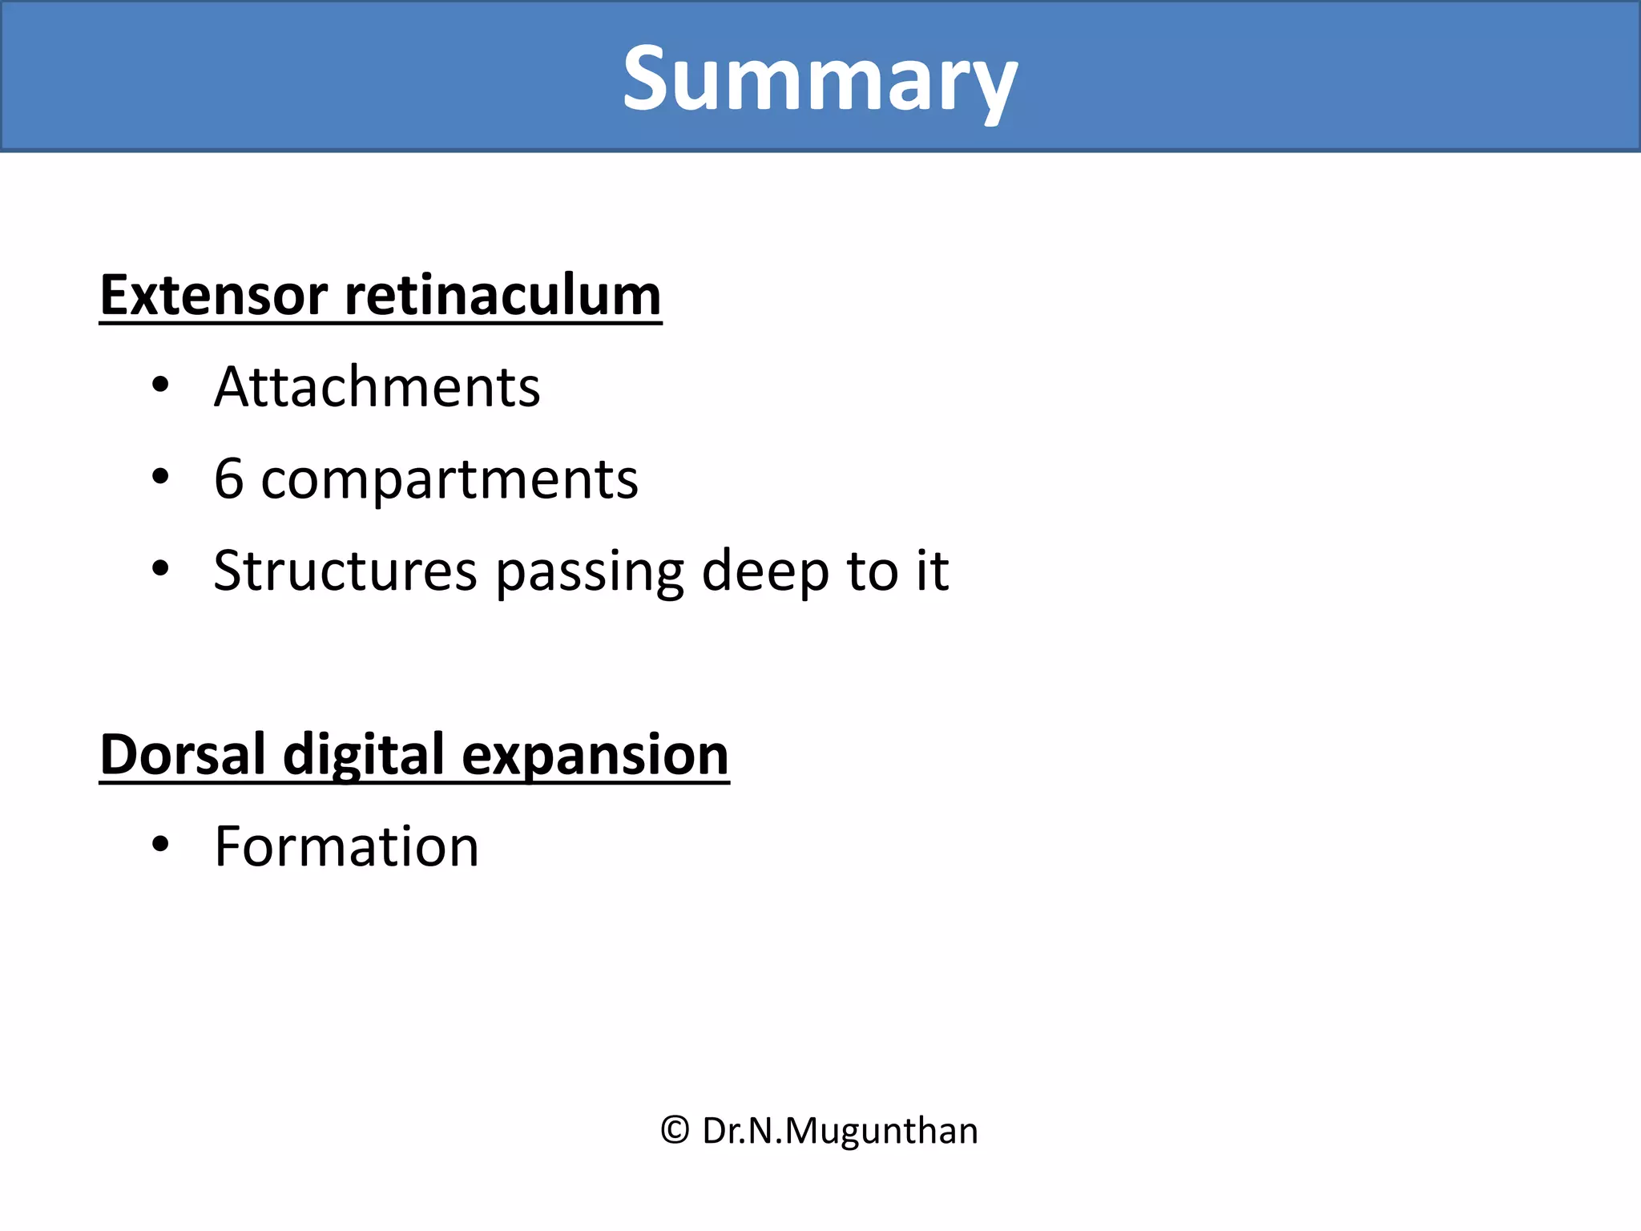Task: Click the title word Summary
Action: [820, 80]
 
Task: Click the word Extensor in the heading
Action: [213, 296]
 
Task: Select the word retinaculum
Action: [502, 296]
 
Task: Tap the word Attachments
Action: [377, 388]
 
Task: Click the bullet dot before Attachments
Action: [160, 385]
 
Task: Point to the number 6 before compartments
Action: [228, 479]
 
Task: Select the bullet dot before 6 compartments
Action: [160, 478]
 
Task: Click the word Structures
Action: [345, 571]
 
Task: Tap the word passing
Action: [590, 572]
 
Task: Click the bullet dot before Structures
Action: [160, 569]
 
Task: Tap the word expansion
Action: [595, 757]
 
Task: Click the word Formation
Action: [346, 847]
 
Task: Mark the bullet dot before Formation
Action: [160, 845]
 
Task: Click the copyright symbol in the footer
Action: [675, 1131]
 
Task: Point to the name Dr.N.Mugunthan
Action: [840, 1131]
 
